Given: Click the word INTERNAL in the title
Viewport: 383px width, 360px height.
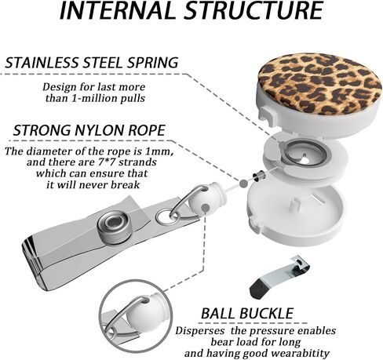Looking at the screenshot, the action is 117,10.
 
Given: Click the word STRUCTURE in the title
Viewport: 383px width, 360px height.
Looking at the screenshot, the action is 254,10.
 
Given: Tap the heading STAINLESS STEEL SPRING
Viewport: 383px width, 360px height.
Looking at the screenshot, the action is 92,63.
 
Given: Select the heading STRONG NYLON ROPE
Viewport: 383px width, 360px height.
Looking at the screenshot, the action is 89,130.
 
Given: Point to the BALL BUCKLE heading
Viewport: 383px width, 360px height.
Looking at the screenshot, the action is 247,313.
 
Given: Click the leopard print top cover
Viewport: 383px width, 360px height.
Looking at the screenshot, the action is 319,84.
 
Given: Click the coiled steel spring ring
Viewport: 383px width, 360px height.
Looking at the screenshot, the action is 307,153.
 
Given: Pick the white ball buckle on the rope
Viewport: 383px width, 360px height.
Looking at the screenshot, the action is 206,201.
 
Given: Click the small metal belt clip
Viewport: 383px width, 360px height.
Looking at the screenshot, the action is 279,278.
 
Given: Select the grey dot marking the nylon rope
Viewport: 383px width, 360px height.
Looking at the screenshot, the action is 243,184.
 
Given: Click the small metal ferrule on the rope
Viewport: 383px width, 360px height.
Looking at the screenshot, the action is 259,176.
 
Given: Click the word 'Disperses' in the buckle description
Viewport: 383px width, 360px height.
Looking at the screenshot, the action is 199,331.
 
